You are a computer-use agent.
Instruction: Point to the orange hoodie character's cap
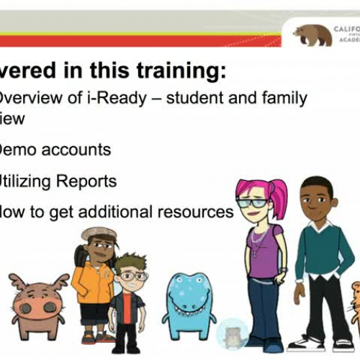(98, 233)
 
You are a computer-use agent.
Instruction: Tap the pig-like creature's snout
(37, 309)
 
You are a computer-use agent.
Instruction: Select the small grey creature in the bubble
(233, 334)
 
